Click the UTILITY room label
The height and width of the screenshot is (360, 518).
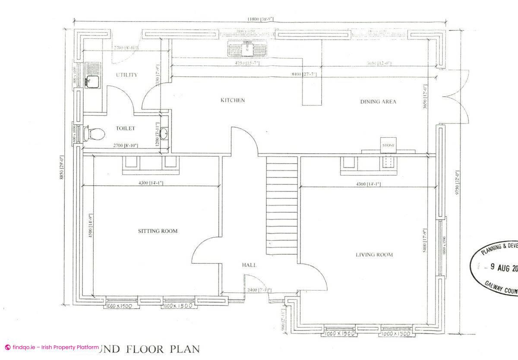click(127, 75)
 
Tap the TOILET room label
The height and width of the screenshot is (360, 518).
click(125, 129)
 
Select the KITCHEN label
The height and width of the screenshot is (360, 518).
click(233, 101)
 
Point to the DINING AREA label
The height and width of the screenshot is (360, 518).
click(378, 102)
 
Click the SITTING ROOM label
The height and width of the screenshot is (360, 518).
click(158, 231)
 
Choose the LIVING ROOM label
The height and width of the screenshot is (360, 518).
click(374, 255)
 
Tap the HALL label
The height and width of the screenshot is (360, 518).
click(249, 265)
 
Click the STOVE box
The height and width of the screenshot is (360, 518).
click(388, 145)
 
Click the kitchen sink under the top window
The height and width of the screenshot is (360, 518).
click(248, 49)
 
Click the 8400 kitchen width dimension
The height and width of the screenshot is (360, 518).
click(304, 75)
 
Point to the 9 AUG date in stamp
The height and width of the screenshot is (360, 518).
click(502, 268)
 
